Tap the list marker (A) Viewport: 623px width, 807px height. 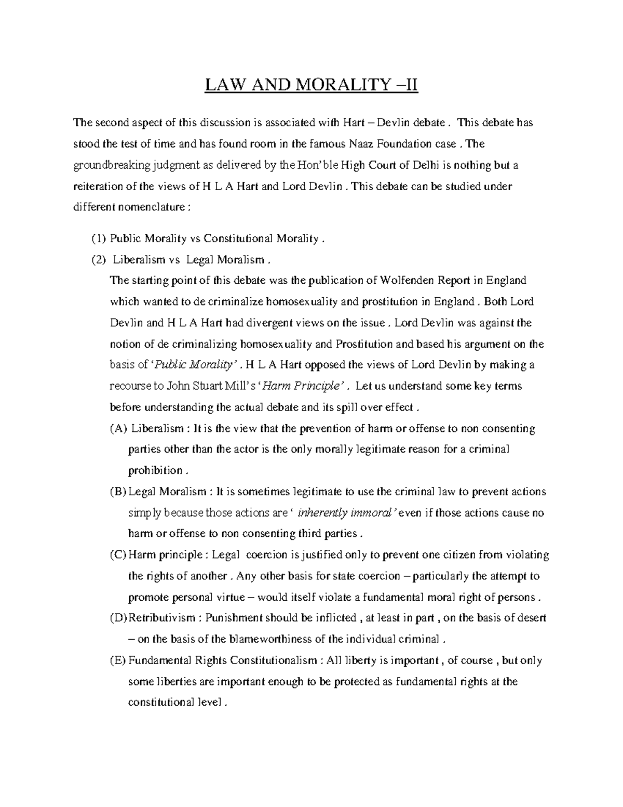[118, 429]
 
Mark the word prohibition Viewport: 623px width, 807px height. [155, 471]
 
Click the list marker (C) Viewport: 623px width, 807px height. [118, 555]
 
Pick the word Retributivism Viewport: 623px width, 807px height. [162, 618]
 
